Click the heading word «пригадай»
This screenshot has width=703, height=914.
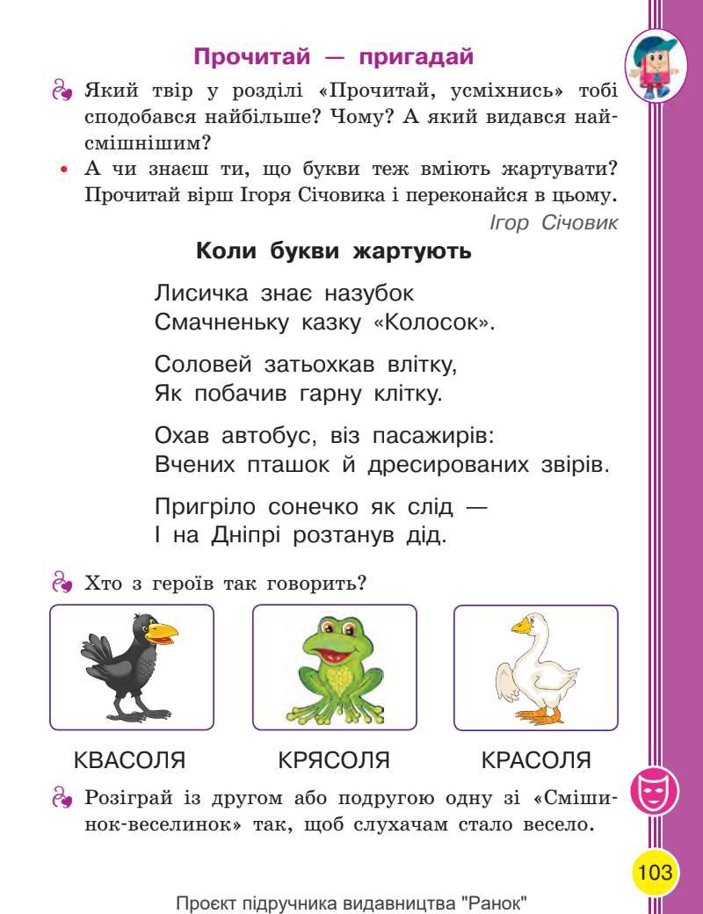[416, 58]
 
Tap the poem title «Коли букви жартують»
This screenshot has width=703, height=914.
[334, 252]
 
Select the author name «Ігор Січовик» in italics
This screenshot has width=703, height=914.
[554, 223]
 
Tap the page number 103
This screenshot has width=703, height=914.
[656, 873]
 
